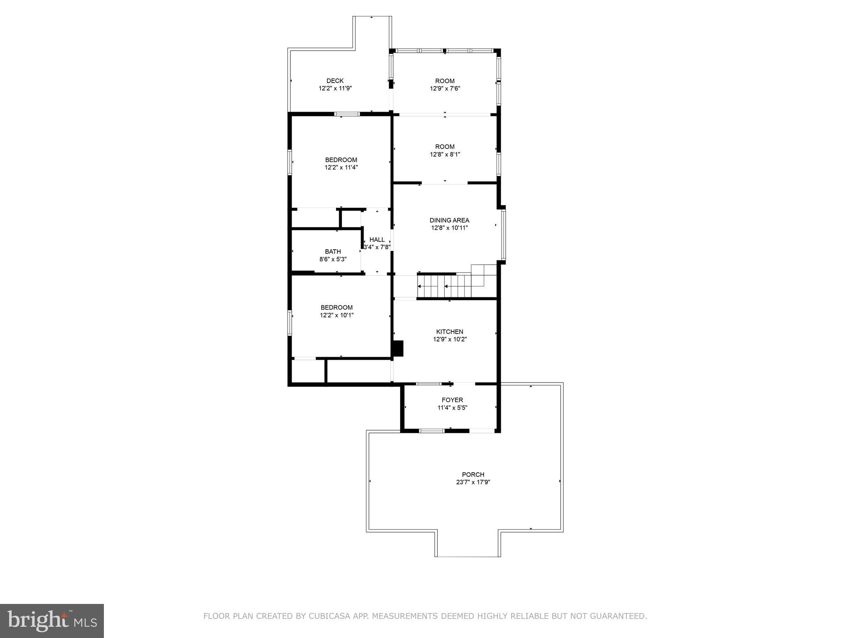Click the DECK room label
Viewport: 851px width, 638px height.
(335, 81)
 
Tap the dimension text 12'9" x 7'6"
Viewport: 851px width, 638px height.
(445, 88)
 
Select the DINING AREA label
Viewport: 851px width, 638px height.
(449, 220)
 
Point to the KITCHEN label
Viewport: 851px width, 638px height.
(450, 331)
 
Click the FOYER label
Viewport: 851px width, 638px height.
(452, 400)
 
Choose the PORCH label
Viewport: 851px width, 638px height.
(473, 474)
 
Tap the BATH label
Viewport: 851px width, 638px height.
(333, 251)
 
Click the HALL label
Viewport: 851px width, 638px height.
(377, 240)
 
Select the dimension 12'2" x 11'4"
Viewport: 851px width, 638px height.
(341, 167)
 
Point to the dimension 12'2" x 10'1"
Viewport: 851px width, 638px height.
(337, 315)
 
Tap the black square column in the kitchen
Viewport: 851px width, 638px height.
(398, 348)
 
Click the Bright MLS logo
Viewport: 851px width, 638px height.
(52, 621)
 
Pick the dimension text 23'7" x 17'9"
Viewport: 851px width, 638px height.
(473, 482)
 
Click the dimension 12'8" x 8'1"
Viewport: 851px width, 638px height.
(445, 154)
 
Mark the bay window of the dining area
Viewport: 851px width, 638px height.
(503, 235)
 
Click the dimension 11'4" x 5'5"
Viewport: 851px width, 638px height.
(452, 407)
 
